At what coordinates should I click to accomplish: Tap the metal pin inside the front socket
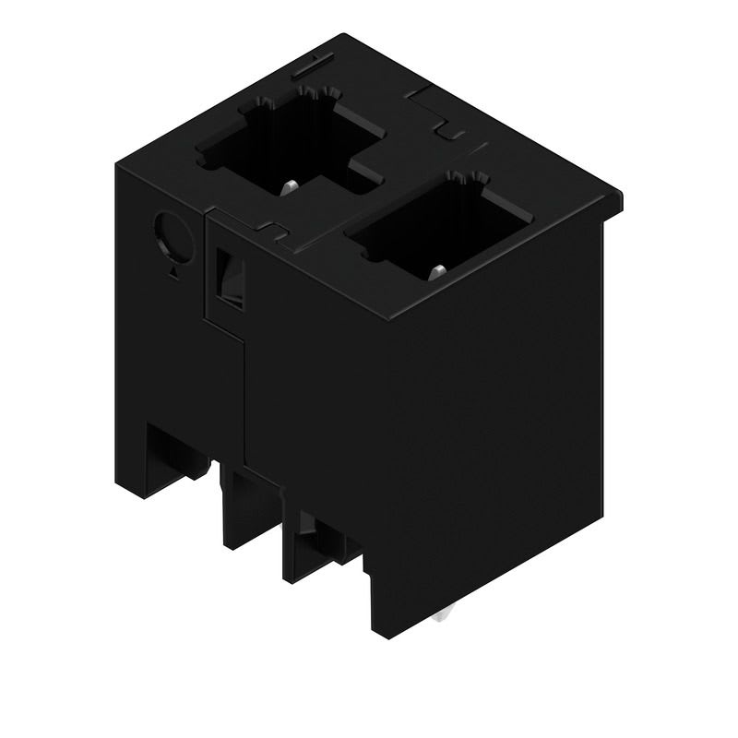438,270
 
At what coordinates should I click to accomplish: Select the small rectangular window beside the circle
228,277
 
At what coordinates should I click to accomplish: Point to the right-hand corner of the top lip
620,196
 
